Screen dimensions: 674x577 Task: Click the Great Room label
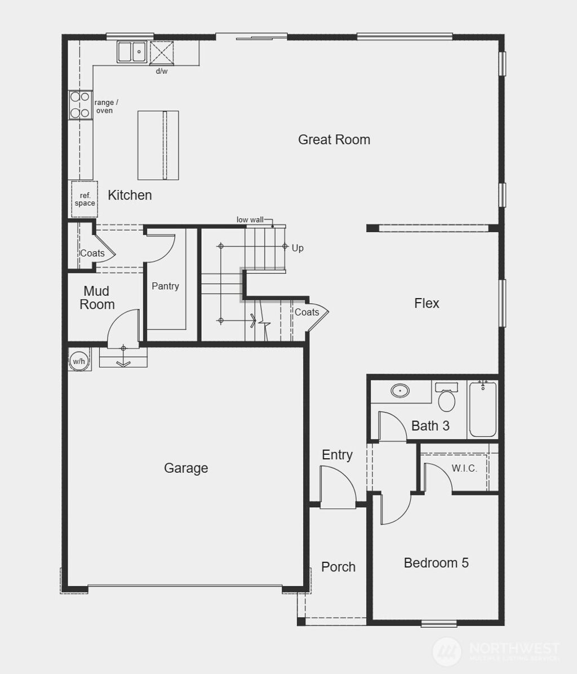coord(334,140)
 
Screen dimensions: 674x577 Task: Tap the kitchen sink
coord(132,52)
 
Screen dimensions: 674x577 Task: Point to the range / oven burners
coord(79,105)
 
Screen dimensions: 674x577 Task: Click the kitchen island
coord(158,145)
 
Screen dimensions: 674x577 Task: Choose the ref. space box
coord(85,199)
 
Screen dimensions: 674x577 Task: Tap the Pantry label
coord(165,286)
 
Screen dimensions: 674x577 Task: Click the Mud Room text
coord(97,298)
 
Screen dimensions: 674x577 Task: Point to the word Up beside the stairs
coord(298,248)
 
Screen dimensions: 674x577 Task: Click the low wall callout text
coord(250,220)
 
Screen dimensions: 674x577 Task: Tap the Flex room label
coord(427,303)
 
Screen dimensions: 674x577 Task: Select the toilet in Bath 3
coord(447,398)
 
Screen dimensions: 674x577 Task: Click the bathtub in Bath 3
coord(483,410)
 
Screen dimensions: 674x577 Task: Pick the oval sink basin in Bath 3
coord(400,391)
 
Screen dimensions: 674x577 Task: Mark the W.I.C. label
coord(464,468)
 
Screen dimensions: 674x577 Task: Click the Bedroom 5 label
coord(436,563)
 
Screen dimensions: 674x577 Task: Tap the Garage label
coord(186,468)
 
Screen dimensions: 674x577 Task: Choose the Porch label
coord(338,567)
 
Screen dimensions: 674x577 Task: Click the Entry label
coord(337,455)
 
